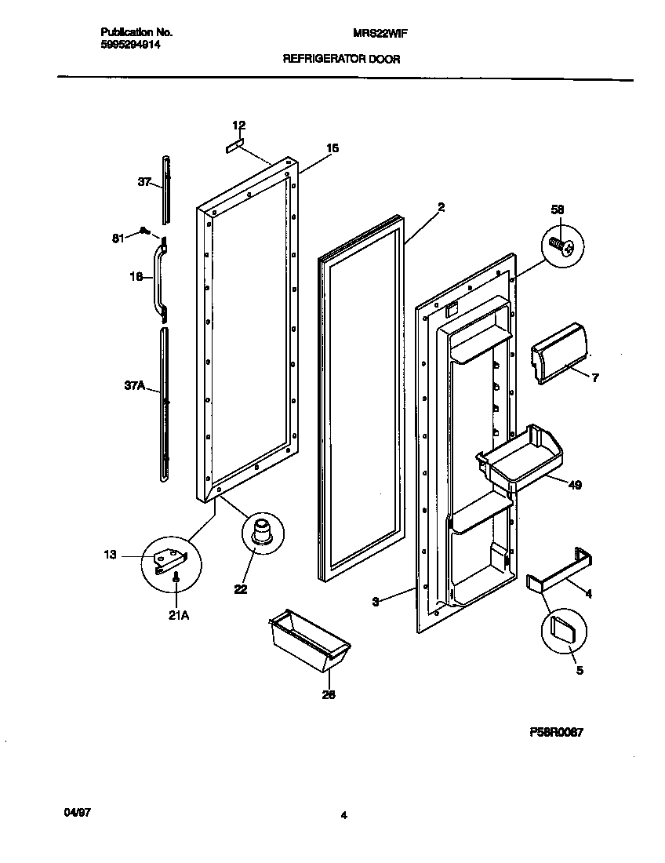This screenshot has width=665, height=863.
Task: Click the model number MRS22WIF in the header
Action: pyautogui.click(x=380, y=33)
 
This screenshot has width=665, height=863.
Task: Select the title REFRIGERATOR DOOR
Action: pyautogui.click(x=341, y=59)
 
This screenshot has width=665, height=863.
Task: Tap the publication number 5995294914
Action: pyautogui.click(x=130, y=46)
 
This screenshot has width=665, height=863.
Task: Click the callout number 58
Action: pyautogui.click(x=558, y=209)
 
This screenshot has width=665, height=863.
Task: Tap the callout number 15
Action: pyautogui.click(x=332, y=147)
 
